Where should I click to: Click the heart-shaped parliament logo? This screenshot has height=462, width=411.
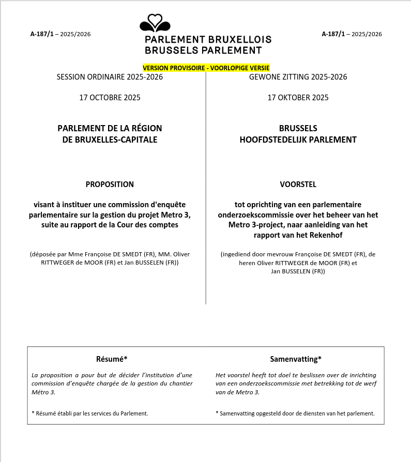click(155, 23)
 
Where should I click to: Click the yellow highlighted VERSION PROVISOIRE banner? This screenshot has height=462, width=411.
click(206, 68)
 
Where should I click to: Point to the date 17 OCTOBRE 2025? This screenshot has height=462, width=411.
click(110, 97)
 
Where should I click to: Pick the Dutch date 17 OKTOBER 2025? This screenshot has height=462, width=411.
click(298, 97)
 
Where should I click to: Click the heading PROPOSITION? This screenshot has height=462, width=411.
click(110, 184)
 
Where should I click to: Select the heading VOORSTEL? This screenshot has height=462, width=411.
click(298, 184)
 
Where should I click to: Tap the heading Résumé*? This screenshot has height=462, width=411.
click(112, 359)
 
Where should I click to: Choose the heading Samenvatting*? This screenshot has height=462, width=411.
click(296, 359)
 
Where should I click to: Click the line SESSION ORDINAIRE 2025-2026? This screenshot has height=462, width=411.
click(110, 77)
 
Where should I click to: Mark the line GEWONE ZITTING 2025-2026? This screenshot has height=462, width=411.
click(298, 77)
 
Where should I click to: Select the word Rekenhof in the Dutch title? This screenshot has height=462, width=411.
click(326, 235)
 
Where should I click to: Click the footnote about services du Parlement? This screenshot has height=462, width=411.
click(90, 413)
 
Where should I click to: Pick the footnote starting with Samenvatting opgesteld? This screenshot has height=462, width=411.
click(295, 413)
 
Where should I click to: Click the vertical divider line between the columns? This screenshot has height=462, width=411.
click(206, 207)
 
